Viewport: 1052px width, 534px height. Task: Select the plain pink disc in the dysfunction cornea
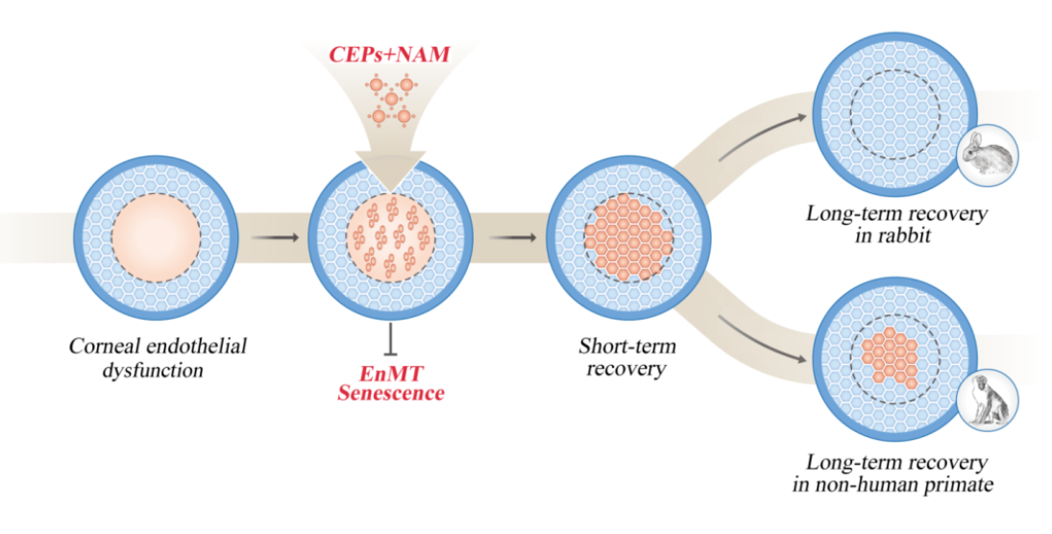click(x=156, y=235)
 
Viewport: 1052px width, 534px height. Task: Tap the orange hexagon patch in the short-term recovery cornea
click(x=628, y=237)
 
